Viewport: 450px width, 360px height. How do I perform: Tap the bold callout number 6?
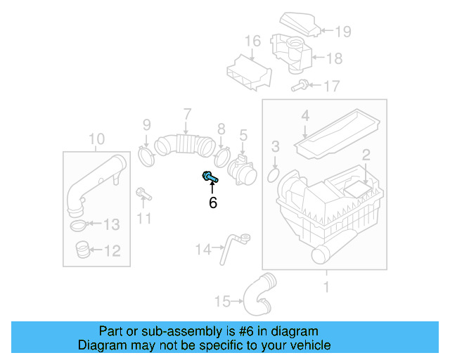[x=212, y=203]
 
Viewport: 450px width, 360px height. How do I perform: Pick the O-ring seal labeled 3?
[x=276, y=172]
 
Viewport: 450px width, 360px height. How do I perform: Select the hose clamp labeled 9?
[x=147, y=155]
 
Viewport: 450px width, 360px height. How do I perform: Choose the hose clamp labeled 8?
[x=222, y=154]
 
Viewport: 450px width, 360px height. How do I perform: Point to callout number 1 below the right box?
[x=326, y=286]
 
